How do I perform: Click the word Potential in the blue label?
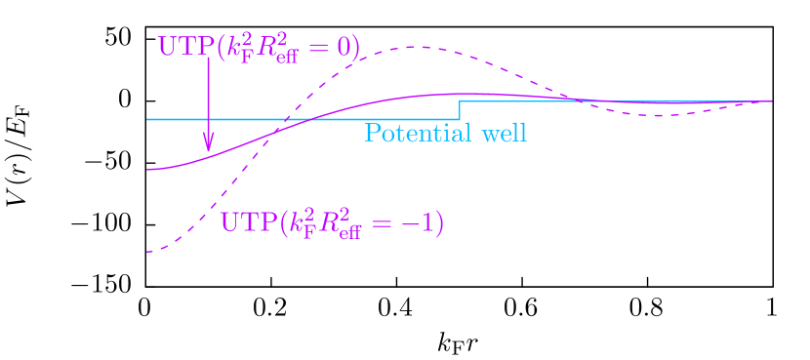[x=411, y=133]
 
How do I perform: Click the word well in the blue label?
[x=505, y=133]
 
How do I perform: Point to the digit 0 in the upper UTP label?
[x=349, y=47]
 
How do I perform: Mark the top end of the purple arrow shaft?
[x=208, y=59]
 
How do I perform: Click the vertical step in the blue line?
[x=461, y=110]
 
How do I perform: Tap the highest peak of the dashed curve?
[x=419, y=47]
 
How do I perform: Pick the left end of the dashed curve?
[x=148, y=252]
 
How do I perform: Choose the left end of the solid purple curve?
[x=148, y=170]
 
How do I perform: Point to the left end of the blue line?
[x=148, y=119]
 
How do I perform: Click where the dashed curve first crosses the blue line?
[x=287, y=119]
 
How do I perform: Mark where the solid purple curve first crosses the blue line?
[x=310, y=119]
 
